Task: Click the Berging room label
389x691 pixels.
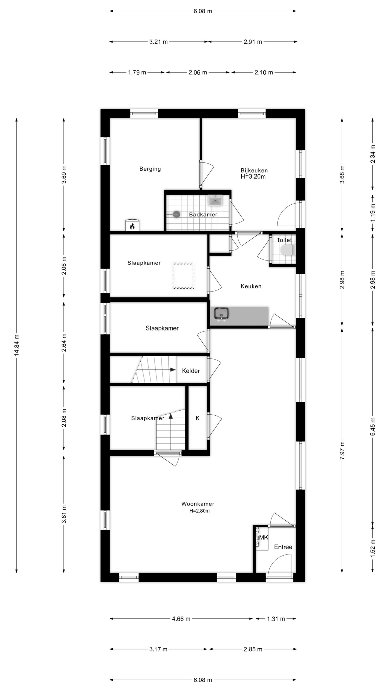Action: click(x=150, y=169)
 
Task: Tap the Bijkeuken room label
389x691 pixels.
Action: click(x=254, y=170)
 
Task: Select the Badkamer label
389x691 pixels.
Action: click(x=203, y=215)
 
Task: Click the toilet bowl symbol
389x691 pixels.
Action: click(x=288, y=250)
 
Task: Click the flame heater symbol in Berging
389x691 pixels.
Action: click(x=132, y=225)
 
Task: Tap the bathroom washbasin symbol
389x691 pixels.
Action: click(x=215, y=200)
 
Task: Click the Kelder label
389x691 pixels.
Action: click(x=191, y=371)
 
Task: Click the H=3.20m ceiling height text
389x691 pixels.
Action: click(x=253, y=177)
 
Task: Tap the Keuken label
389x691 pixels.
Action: click(x=251, y=286)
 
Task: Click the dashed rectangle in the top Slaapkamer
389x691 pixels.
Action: click(x=184, y=276)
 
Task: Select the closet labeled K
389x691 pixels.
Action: click(x=197, y=418)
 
